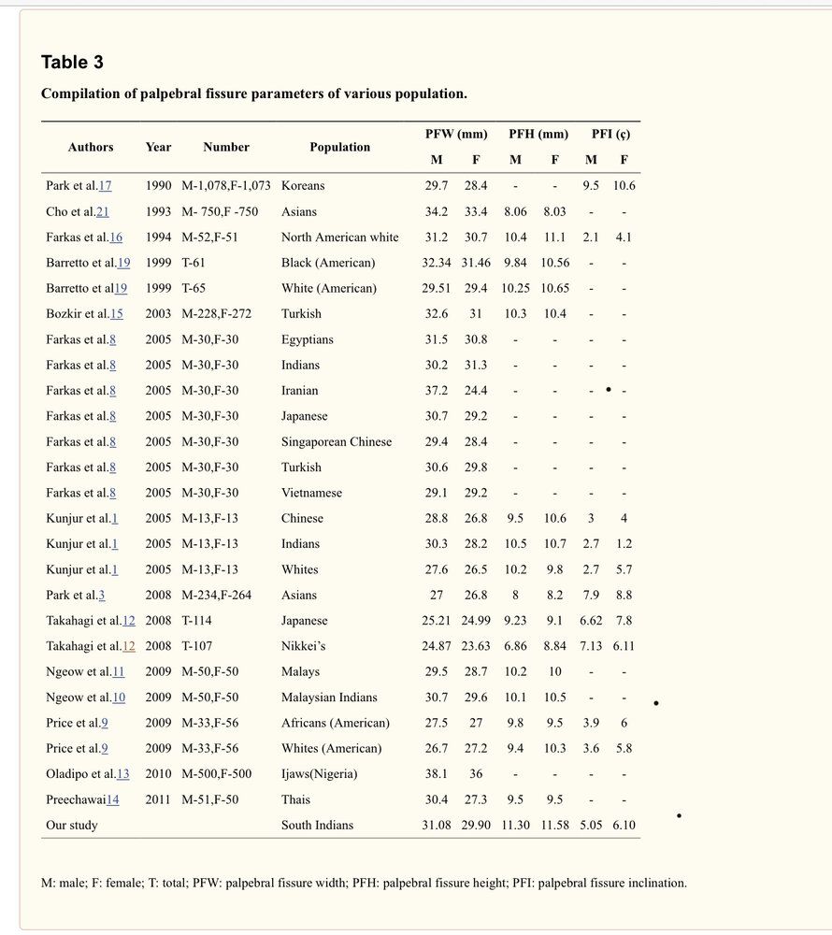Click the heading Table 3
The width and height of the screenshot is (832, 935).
tap(72, 63)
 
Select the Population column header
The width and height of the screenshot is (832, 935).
tap(339, 147)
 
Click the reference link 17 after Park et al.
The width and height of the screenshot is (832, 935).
tap(105, 186)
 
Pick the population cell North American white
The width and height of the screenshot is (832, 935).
tap(339, 237)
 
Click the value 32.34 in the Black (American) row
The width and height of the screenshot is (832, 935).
tap(438, 263)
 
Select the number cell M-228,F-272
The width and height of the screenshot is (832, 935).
tap(216, 314)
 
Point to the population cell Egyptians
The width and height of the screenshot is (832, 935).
tap(307, 339)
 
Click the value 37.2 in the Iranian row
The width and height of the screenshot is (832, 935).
tap(437, 391)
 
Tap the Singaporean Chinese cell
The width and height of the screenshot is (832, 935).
tap(337, 441)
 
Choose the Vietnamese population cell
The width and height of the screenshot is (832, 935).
tap(311, 493)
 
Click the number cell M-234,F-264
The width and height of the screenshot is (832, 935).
tap(216, 595)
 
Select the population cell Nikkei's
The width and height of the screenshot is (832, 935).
tap(303, 646)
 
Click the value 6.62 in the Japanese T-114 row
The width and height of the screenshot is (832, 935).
tap(591, 621)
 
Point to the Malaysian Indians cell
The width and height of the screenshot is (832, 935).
tap(329, 698)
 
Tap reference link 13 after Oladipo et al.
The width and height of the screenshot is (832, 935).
tap(123, 774)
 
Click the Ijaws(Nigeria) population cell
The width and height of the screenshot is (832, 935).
tap(319, 774)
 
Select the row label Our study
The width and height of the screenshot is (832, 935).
tap(72, 826)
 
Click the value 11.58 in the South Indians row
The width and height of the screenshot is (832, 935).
tap(554, 826)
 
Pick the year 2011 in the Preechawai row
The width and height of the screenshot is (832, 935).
tap(158, 799)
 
